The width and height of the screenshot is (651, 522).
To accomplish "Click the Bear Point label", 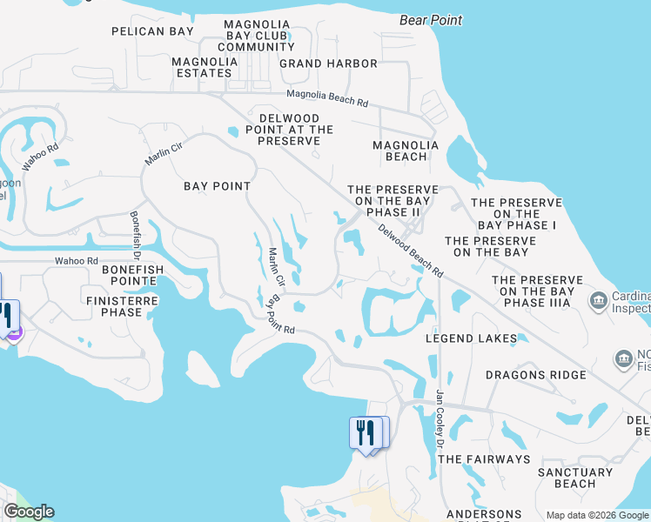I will click(431, 19).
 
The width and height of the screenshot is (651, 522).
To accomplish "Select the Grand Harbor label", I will click(328, 64).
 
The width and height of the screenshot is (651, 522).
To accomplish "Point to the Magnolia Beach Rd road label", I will click(326, 98).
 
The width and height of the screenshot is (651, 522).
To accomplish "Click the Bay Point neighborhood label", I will click(217, 186).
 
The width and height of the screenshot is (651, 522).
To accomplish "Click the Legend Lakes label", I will click(471, 338).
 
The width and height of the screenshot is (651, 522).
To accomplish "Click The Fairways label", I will click(483, 458).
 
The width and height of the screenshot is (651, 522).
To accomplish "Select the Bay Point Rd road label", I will click(282, 316).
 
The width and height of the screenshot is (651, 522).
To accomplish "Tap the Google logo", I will click(29, 512).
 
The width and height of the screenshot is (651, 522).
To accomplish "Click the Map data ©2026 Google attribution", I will click(597, 515).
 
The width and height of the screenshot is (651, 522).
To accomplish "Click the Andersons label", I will click(484, 515).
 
